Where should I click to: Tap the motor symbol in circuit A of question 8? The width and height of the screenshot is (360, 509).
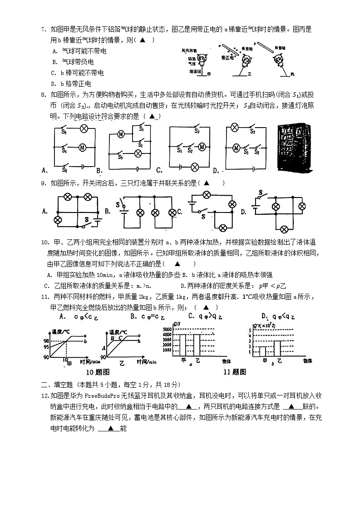coord(83,147)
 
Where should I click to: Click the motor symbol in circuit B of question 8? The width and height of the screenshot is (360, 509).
coord(121,134)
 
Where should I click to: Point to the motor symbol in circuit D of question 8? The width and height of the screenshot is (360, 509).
coord(236,147)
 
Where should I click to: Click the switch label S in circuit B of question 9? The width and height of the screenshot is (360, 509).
coord(118,205)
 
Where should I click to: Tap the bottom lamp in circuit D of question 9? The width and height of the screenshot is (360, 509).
coord(285,228)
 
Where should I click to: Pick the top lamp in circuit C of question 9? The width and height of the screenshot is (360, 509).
coord(207,195)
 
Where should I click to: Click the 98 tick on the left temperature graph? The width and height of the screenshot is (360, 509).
coord(46,340)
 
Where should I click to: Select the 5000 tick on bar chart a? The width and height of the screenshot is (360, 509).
coord(167,328)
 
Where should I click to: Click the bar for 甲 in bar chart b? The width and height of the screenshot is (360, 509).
coord(263,351)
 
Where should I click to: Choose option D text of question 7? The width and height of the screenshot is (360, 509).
coord(72,84)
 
